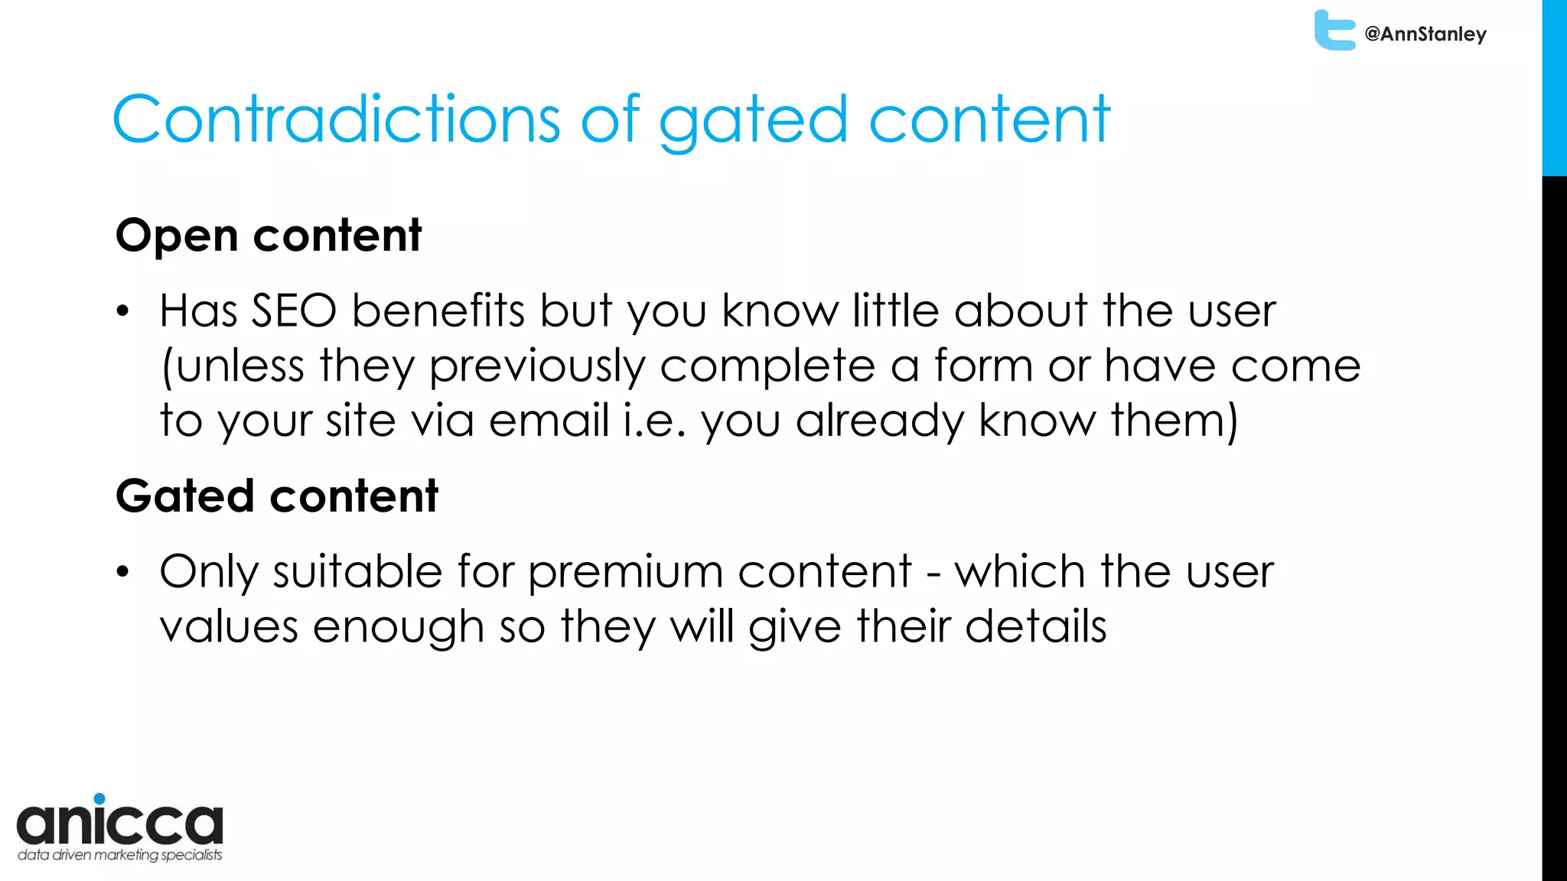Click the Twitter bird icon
(1333, 31)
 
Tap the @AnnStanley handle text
(1425, 34)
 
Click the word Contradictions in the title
(337, 119)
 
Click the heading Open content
(268, 235)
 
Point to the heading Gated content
(276, 496)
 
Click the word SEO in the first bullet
(294, 311)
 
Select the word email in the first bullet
(548, 421)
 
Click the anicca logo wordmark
(119, 824)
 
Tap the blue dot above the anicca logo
(99, 798)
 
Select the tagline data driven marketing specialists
(119, 855)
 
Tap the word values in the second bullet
(228, 627)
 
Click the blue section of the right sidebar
(1554, 88)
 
